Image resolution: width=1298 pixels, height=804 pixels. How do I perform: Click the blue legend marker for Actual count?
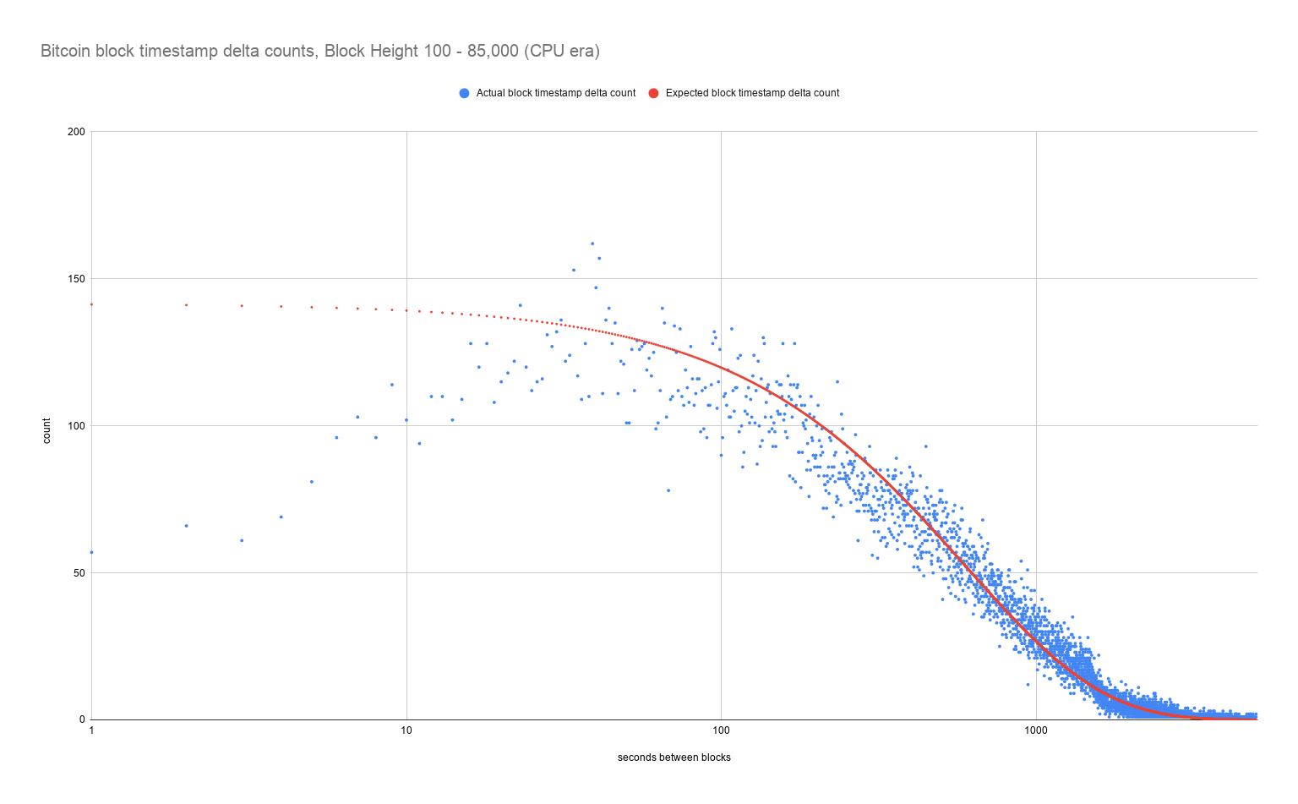(464, 93)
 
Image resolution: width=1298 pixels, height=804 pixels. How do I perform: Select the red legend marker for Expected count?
(653, 93)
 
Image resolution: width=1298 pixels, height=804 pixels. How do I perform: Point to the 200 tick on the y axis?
(77, 132)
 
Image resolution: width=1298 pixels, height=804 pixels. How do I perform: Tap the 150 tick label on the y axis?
(77, 279)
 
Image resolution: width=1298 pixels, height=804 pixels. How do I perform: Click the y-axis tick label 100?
(77, 426)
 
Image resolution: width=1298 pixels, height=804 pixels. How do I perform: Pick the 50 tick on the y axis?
(79, 573)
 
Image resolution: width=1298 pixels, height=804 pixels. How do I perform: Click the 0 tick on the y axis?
(82, 719)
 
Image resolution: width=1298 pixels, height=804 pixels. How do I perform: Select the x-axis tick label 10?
(406, 730)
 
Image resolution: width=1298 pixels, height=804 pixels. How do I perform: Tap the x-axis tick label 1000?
(1036, 730)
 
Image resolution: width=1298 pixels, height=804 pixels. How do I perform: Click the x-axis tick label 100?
(721, 730)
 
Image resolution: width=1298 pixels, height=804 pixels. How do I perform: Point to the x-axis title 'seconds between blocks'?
(674, 758)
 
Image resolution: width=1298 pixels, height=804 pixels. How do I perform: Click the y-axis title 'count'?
(47, 430)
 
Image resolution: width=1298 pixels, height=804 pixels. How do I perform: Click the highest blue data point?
(592, 243)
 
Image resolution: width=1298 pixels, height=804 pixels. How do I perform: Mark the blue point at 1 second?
(91, 552)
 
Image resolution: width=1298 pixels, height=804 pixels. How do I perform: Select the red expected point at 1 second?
(91, 304)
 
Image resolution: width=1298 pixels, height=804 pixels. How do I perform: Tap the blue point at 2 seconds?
(186, 526)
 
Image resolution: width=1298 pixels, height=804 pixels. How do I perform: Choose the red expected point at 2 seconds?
(186, 305)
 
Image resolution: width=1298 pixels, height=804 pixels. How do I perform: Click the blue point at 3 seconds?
(242, 540)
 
